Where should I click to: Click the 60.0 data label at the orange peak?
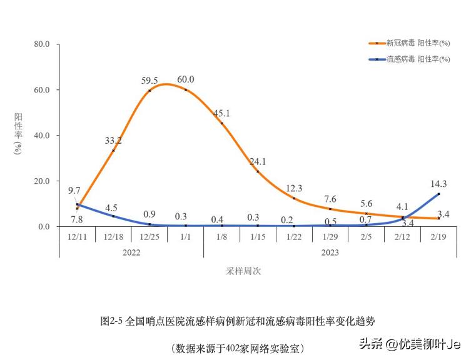tap(186, 79)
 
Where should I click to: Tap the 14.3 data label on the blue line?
tap(438, 184)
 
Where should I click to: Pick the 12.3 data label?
tap(294, 188)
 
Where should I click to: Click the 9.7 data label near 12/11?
tap(74, 190)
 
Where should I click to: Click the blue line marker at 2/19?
tap(438, 194)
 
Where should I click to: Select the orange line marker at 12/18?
tap(113, 151)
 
